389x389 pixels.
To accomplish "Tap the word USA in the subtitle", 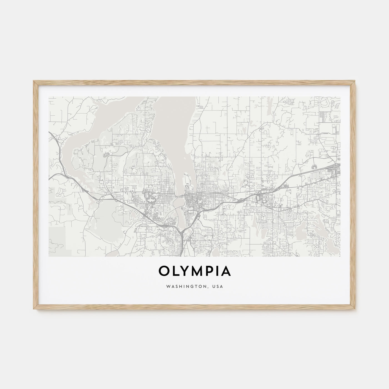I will point(218,286).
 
